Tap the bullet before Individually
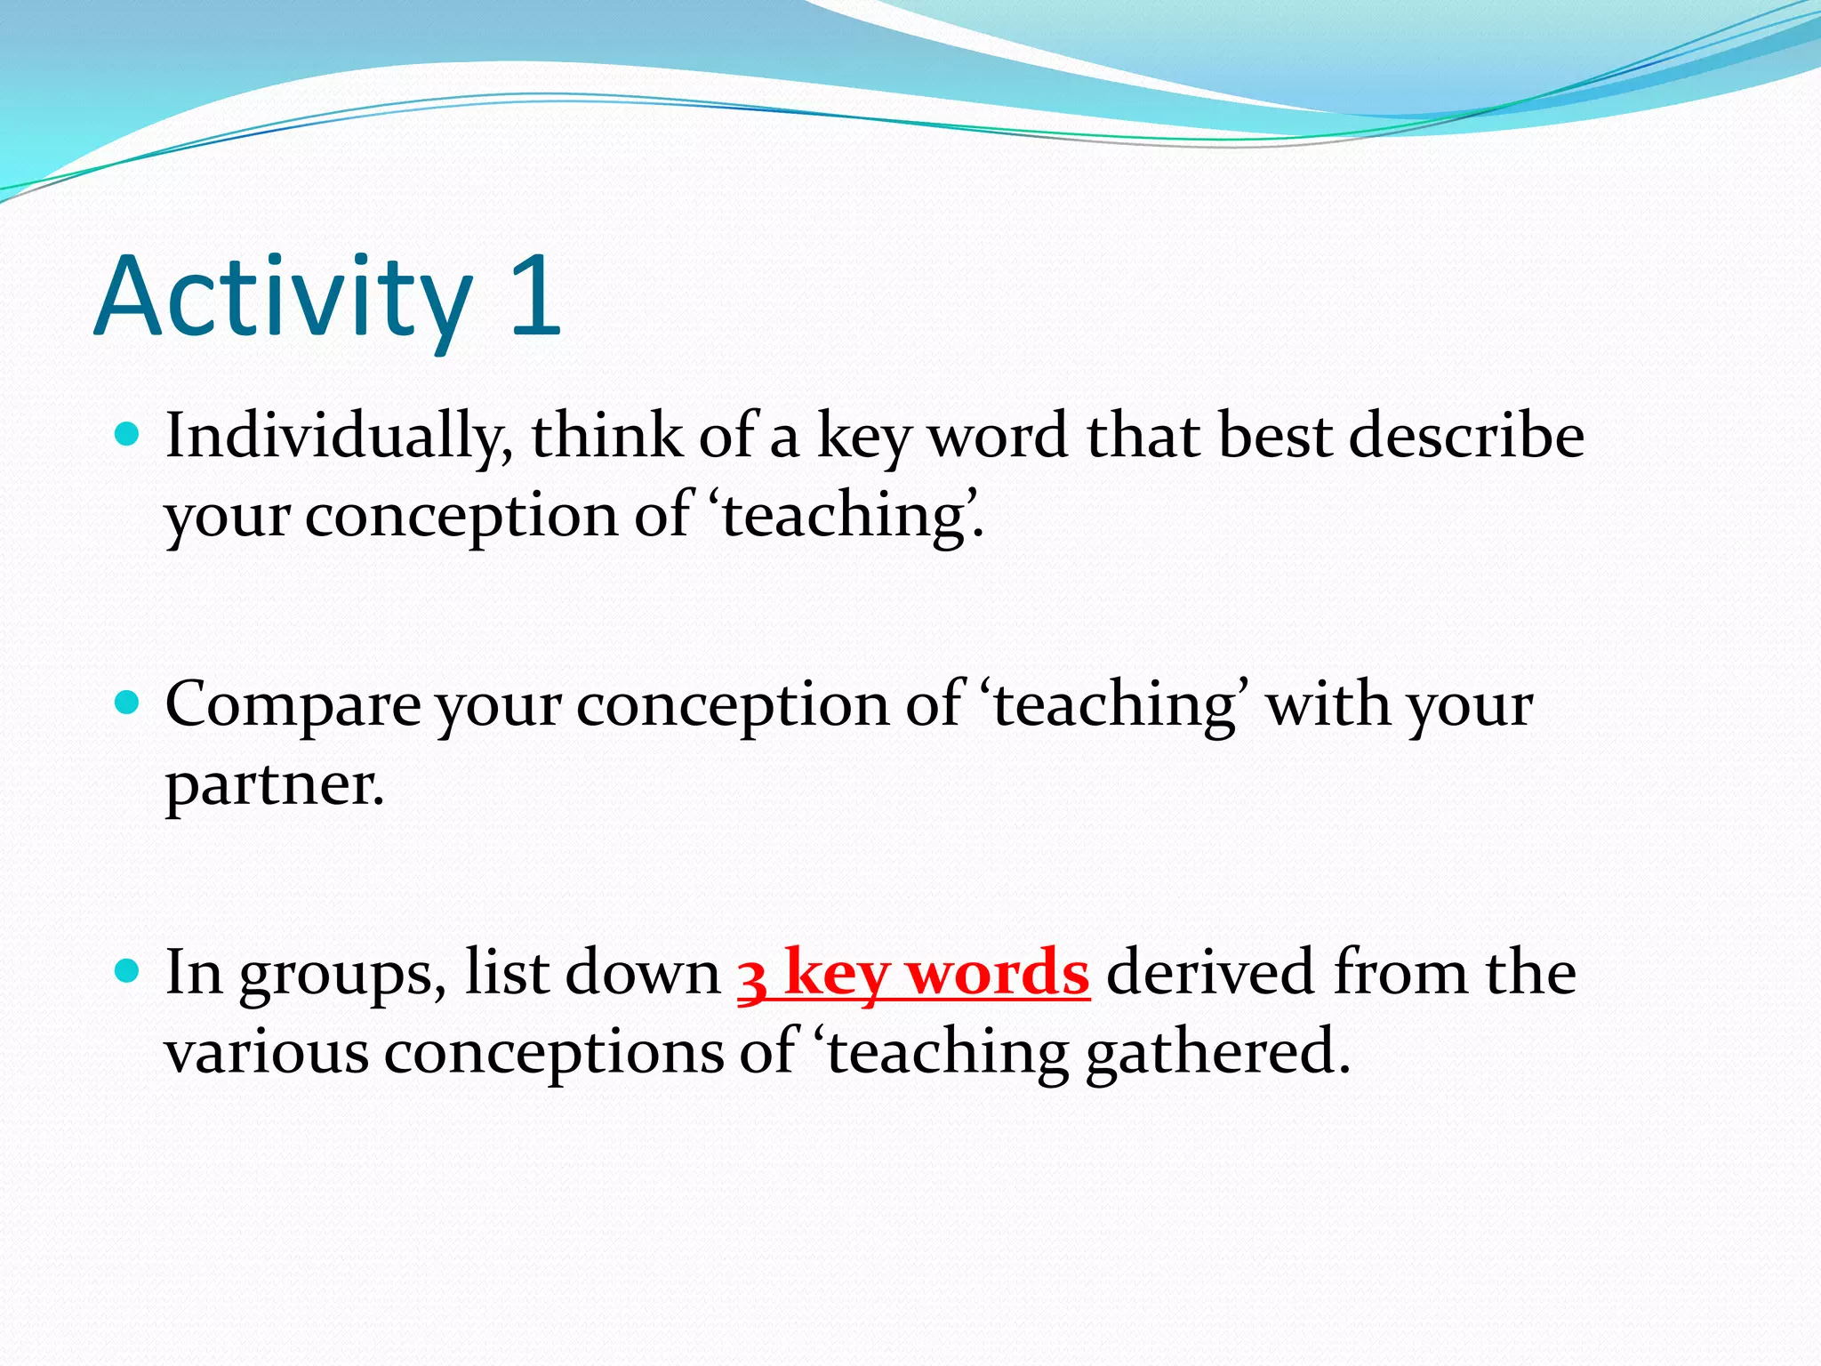pyautogui.click(x=128, y=435)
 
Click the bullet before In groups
pyautogui.click(x=128, y=971)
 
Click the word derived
pyautogui.click(x=1210, y=971)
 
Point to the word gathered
pyautogui.click(x=1217, y=1053)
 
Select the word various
pyautogui.click(x=266, y=1053)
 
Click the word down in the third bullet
pyautogui.click(x=642, y=972)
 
